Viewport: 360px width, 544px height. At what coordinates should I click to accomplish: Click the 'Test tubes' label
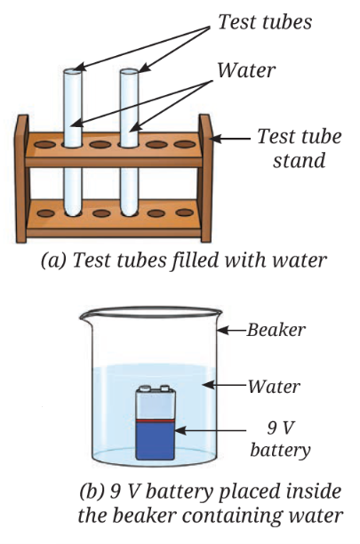tap(265, 21)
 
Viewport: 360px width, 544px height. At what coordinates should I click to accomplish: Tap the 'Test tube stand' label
tap(300, 148)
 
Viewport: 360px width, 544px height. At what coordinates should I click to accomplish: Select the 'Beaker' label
tap(276, 330)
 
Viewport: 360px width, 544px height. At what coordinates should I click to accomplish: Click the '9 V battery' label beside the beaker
tap(280, 438)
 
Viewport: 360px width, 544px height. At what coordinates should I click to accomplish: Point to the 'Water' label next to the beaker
tap(274, 386)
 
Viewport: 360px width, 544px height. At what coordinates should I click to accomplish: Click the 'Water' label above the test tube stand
tap(246, 70)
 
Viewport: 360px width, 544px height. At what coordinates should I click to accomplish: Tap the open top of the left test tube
tap(73, 71)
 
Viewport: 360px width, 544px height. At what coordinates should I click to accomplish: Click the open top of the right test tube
tap(129, 71)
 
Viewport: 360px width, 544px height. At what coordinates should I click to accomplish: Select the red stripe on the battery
tap(155, 420)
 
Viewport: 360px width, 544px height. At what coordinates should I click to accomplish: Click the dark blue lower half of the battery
tap(155, 441)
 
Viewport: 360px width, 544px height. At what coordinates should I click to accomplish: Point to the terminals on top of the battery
tap(155, 388)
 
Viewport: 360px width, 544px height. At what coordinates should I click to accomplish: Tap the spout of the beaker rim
tap(84, 315)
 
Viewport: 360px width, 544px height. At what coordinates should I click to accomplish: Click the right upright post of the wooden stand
tap(205, 179)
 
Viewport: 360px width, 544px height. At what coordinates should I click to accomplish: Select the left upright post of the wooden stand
tap(22, 179)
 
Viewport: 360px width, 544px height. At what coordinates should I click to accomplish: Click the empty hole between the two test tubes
tap(100, 144)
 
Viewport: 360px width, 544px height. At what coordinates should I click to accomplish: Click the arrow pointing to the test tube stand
tap(230, 139)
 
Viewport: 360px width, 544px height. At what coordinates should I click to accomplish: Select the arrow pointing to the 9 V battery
tap(211, 431)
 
